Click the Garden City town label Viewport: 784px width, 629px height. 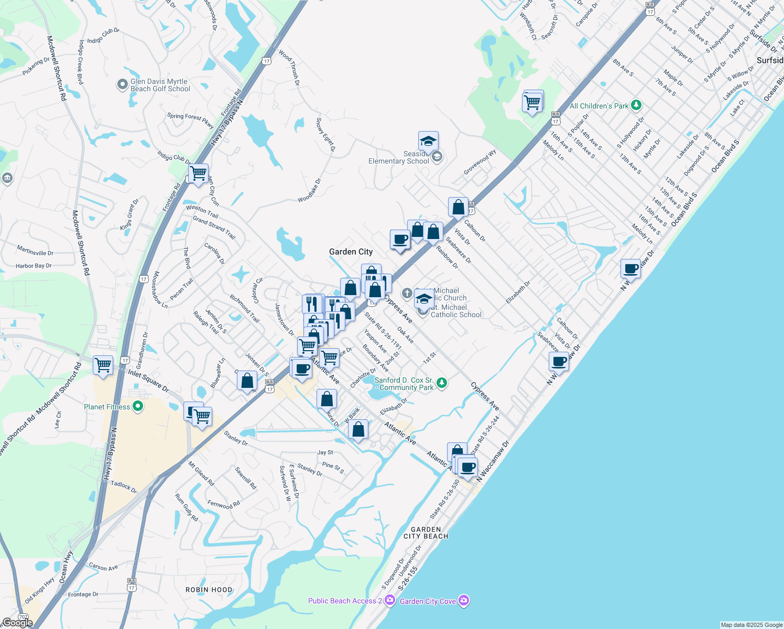pos(351,252)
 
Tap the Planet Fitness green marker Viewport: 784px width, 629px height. pos(138,407)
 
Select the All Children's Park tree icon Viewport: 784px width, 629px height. pos(636,105)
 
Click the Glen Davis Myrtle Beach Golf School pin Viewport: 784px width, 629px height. pos(123,84)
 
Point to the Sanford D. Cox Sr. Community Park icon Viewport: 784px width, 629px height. pos(442,383)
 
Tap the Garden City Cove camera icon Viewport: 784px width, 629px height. pos(463,601)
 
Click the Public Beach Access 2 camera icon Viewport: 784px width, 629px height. pos(389,601)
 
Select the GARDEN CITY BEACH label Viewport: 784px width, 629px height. pos(426,533)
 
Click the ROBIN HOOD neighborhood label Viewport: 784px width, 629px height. pos(209,590)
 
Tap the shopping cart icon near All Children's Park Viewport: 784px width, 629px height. pos(532,101)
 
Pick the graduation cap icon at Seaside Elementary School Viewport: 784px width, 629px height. pos(428,142)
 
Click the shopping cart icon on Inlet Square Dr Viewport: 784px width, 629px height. pos(103,365)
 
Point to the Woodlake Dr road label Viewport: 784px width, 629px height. pos(309,191)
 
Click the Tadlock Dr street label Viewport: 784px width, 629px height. pos(124,486)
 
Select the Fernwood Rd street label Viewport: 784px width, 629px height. pos(223,505)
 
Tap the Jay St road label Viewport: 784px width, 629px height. pos(325,452)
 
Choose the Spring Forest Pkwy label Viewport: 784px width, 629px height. pos(190,120)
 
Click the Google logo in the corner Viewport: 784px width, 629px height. pos(17,623)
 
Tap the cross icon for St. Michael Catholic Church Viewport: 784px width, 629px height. pos(407,293)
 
